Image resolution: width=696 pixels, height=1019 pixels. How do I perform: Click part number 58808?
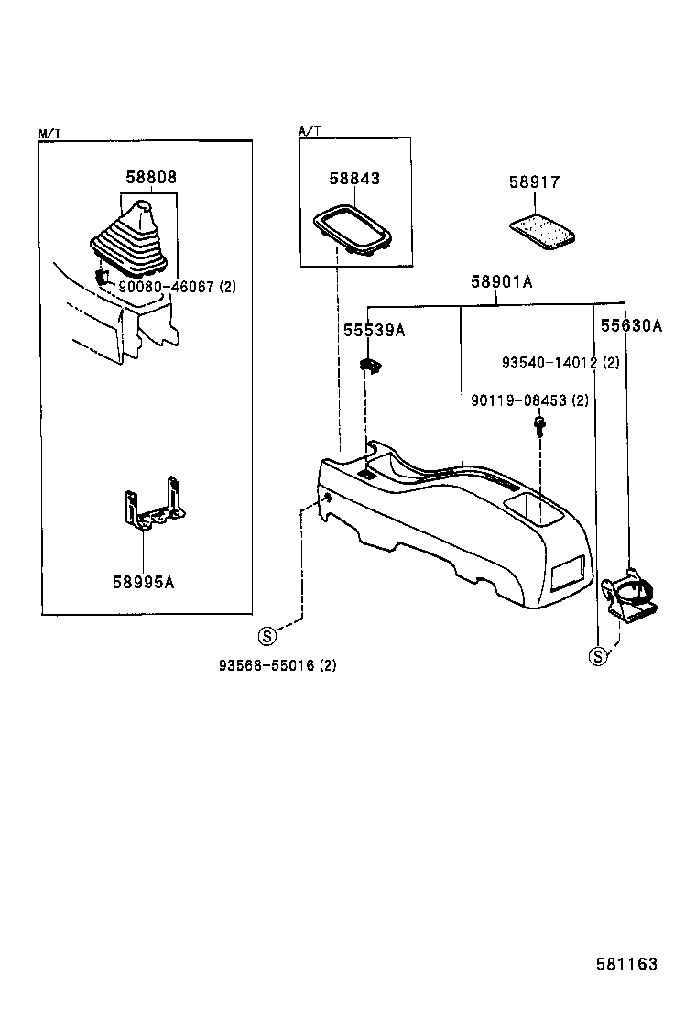(151, 178)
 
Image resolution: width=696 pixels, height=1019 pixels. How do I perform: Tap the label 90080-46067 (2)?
(177, 287)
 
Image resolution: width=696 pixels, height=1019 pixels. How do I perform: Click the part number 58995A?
(143, 580)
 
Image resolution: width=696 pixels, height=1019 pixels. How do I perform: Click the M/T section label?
(49, 134)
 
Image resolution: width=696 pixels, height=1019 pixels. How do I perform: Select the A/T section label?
(310, 132)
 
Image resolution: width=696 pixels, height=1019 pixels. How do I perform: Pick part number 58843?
(354, 179)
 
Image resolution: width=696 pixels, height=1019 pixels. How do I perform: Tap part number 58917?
(534, 183)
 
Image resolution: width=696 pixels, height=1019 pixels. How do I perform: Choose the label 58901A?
(502, 282)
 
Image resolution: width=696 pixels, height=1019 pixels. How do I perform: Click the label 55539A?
(374, 331)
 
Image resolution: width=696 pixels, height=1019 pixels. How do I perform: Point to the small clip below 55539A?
(370, 367)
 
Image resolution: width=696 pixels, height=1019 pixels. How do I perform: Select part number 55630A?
(631, 325)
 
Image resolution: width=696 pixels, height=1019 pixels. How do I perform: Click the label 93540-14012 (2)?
(560, 363)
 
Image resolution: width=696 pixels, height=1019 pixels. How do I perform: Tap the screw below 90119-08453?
(538, 425)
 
